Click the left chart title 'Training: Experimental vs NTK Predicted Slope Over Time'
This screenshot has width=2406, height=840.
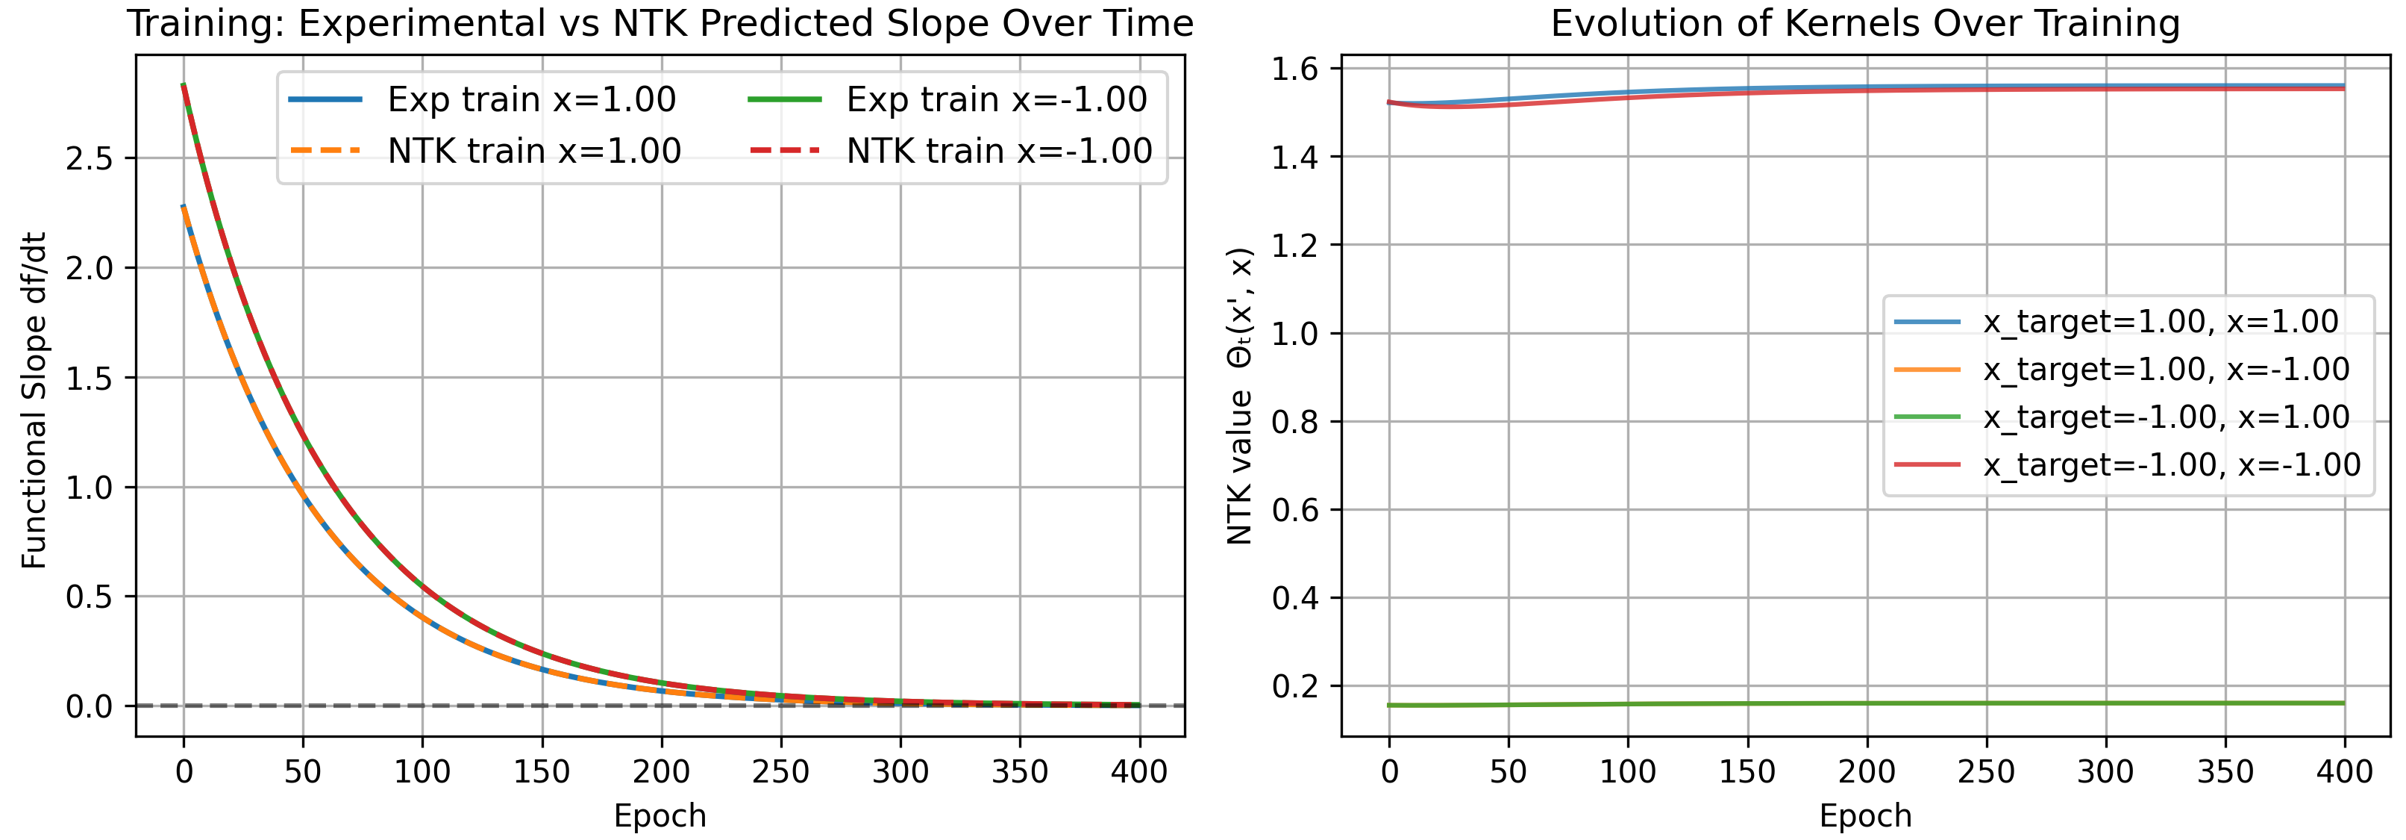(x=660, y=23)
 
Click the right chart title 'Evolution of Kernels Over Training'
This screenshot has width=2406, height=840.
(x=1865, y=23)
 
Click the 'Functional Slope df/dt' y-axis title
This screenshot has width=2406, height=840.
(x=34, y=400)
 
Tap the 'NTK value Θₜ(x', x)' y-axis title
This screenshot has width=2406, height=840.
(x=1239, y=396)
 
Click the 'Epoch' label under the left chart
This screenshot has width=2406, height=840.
(x=660, y=815)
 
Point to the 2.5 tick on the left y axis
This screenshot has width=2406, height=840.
(x=89, y=159)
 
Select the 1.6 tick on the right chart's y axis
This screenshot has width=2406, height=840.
(x=1294, y=69)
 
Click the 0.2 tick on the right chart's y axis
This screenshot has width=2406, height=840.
(x=1294, y=686)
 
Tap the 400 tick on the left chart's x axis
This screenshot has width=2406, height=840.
(x=1138, y=772)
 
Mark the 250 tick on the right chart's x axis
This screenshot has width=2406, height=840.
(x=1986, y=772)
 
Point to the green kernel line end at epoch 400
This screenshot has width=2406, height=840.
(x=2343, y=703)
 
